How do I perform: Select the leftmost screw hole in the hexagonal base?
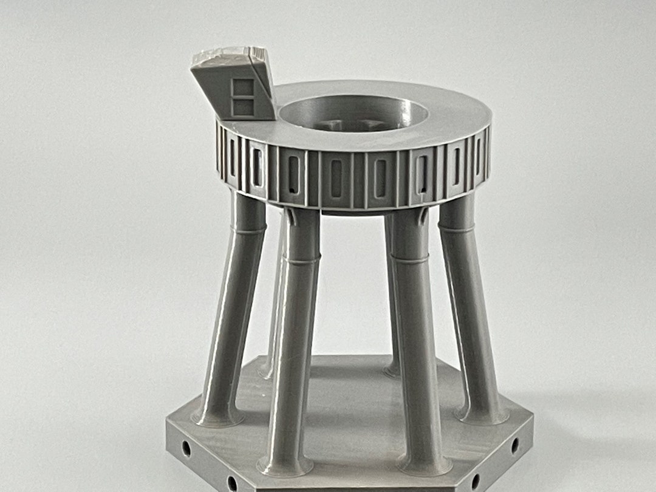point(186,449)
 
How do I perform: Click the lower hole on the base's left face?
point(232,483)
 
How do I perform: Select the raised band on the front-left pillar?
point(302,259)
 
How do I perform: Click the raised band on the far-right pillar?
point(457,230)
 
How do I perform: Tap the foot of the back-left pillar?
point(267,371)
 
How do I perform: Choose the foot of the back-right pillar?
point(392,369)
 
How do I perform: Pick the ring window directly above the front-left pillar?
point(294,176)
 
